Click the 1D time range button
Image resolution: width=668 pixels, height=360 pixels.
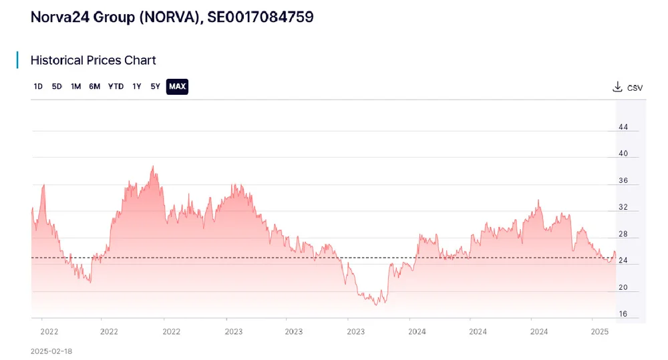[x=38, y=86]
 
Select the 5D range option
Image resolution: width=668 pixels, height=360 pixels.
[x=57, y=86]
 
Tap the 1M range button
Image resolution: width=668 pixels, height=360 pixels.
[x=76, y=86]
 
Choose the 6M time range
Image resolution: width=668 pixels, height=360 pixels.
[x=95, y=86]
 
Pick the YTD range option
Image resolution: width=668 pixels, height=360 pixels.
[x=116, y=86]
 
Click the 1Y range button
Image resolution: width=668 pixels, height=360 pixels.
[x=137, y=86]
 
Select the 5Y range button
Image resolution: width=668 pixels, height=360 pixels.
[x=155, y=86]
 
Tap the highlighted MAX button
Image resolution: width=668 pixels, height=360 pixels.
[x=177, y=86]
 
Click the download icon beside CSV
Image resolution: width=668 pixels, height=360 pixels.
[x=617, y=87]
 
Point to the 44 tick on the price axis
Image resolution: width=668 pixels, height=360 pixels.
[x=623, y=127]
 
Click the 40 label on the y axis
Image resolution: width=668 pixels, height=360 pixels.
[x=623, y=154]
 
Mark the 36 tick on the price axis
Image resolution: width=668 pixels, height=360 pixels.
[x=623, y=180]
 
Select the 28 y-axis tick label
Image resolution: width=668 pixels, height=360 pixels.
[x=623, y=234]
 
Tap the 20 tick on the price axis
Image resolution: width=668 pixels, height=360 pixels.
[x=623, y=288]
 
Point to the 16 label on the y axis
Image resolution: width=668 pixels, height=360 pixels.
[x=623, y=314]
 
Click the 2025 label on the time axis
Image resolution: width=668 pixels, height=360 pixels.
[x=600, y=331]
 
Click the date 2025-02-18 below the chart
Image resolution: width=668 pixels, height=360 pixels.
[x=51, y=351]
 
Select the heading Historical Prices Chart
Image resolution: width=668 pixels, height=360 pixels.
[x=93, y=60]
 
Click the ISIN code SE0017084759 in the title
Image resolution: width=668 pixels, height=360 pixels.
[x=261, y=17]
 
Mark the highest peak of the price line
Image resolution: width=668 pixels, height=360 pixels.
[x=153, y=166]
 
